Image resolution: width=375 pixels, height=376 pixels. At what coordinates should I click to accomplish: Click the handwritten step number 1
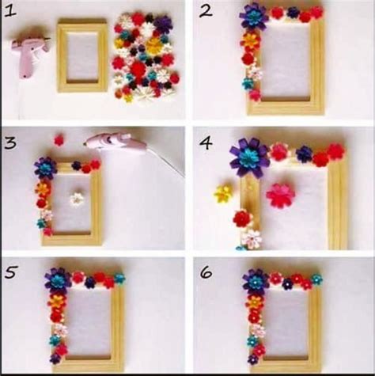10,12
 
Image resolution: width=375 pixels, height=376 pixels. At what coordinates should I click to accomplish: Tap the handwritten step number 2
206,11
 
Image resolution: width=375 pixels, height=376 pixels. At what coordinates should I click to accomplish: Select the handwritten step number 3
10,143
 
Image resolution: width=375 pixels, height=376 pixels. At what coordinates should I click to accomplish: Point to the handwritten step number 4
206,143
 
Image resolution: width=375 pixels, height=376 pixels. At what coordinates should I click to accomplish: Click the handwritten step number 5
10,272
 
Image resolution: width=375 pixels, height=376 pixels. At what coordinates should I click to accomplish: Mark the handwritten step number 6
206,273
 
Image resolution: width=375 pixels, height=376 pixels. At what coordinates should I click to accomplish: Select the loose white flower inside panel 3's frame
77,199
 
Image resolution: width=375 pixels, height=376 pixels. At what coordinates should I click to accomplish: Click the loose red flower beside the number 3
59,140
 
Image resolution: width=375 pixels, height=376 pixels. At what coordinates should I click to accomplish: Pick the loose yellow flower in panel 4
223,194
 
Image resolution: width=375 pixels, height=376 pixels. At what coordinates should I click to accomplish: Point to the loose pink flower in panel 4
280,196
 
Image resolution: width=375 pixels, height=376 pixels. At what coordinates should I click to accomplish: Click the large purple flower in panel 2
254,17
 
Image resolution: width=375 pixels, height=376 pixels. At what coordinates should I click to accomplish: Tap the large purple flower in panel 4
248,157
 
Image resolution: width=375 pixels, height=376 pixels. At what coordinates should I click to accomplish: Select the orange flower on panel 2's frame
251,41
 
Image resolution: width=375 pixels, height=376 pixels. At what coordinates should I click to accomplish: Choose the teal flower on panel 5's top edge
119,279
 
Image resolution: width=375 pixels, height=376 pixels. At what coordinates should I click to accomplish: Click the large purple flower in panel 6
256,281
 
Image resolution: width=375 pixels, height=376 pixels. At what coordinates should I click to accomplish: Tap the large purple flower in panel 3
46,167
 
